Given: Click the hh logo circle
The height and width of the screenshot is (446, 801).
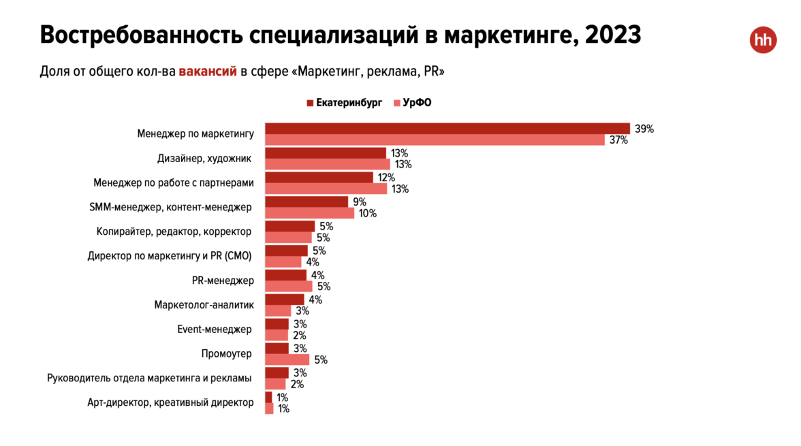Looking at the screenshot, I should pos(763,40).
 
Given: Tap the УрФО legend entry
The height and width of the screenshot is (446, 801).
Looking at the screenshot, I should pos(413,103).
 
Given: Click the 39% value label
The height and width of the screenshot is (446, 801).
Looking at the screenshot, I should pos(644,129).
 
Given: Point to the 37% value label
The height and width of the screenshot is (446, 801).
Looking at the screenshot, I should pos(618,140).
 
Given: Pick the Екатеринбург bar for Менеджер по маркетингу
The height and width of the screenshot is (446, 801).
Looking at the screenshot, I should pos(447,129).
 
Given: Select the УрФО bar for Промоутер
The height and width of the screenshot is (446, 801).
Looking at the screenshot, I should pos(287,360).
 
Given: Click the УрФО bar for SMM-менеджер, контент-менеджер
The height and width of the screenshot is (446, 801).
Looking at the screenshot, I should pos(309,213).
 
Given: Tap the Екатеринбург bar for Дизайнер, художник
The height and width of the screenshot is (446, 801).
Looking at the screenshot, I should pos(325,153).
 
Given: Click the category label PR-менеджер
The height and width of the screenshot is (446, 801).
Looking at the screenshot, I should pos(223,281).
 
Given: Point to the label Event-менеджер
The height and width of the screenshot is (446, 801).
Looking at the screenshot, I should pos(214,330).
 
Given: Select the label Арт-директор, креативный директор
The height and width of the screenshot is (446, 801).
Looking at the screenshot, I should pos(170,402).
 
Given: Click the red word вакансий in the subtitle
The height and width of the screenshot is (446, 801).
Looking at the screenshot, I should pos(208,71).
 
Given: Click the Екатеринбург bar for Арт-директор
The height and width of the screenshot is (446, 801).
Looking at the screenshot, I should pos(268,398).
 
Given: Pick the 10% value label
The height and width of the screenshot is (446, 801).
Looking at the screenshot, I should pos(368,213).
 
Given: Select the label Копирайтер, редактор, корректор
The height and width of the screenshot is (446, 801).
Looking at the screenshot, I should pos(174,232).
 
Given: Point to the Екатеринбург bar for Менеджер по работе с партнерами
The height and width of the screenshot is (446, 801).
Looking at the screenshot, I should pos(319,178).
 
